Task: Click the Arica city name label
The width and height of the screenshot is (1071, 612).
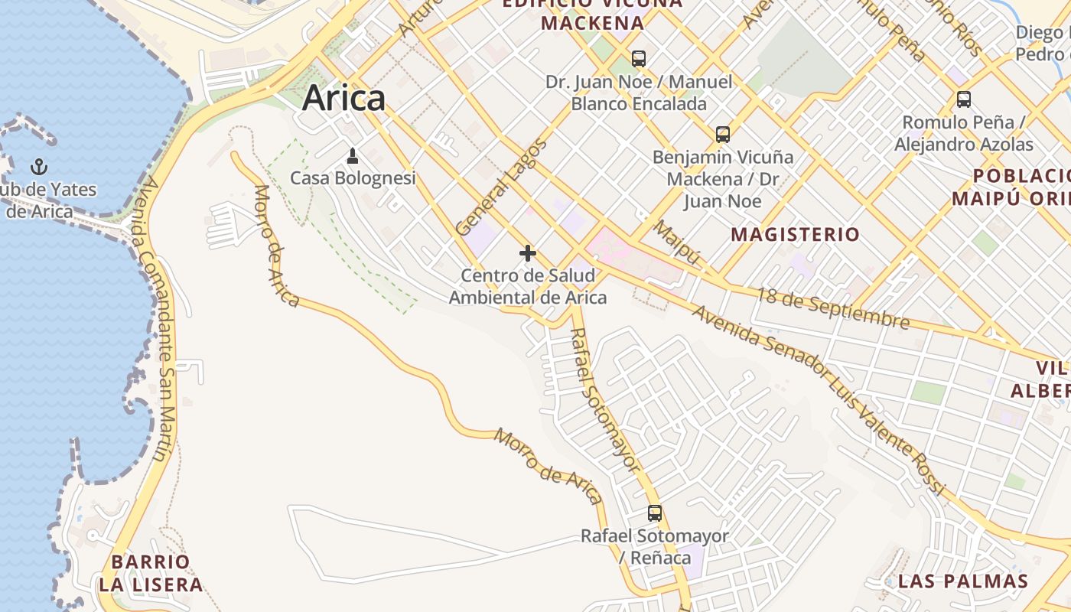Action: pos(343,99)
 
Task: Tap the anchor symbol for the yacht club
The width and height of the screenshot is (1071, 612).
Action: pos(38,166)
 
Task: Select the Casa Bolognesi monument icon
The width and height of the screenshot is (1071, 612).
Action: pos(353,156)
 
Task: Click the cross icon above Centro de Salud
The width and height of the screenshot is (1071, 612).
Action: pos(528,253)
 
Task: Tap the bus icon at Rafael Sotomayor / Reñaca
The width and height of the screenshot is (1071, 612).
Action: pos(655,513)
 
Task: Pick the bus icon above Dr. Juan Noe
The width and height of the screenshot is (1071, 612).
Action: pos(639,58)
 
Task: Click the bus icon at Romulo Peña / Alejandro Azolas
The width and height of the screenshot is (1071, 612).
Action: pos(964,99)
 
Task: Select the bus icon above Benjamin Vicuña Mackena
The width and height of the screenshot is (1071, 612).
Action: pos(723,135)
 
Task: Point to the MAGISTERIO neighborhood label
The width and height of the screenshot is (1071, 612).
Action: pos(796,234)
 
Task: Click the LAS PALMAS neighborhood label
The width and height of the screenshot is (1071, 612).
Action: pos(963,581)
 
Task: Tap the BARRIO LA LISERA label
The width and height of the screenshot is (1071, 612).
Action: pos(151,574)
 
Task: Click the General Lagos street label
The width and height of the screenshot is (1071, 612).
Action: pos(501,187)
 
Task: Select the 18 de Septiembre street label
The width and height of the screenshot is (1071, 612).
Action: pos(834,308)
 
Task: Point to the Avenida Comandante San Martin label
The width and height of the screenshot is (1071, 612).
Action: pos(156,320)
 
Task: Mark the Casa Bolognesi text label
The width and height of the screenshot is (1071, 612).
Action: pos(353,178)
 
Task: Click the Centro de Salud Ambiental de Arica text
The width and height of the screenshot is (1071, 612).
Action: pos(528,286)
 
